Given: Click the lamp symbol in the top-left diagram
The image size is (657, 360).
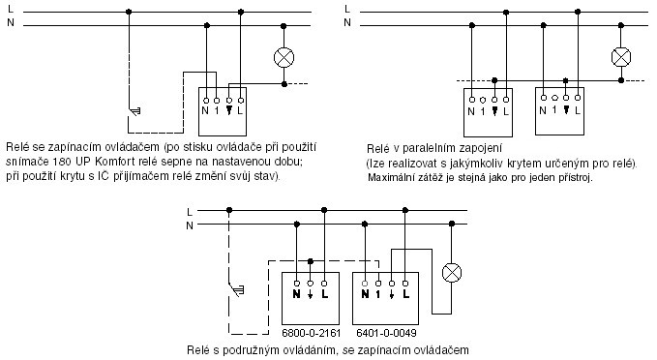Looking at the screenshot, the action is click(x=284, y=57).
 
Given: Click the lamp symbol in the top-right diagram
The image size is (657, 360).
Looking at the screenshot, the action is click(x=621, y=57).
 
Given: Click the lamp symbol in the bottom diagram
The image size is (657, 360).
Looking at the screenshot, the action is click(x=452, y=273).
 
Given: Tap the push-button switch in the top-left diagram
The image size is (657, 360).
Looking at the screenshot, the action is click(x=134, y=111).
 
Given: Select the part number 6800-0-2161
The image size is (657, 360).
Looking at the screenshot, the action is click(x=311, y=333).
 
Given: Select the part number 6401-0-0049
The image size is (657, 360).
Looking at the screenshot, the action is click(x=386, y=333).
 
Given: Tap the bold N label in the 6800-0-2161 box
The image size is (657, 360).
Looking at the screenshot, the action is click(x=297, y=294).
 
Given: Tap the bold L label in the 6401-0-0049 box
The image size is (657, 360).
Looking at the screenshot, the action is click(x=405, y=294).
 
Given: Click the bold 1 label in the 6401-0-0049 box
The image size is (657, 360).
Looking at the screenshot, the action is click(x=378, y=294).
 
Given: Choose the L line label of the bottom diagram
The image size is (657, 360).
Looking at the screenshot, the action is click(x=190, y=212).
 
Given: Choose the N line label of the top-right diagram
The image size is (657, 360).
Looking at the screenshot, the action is click(x=347, y=22).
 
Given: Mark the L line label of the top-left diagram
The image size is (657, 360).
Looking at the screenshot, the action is click(x=11, y=9).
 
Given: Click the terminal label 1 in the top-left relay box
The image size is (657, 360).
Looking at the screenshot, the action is click(x=217, y=111).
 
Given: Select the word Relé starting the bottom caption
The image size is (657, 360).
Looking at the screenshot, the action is click(x=197, y=350).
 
